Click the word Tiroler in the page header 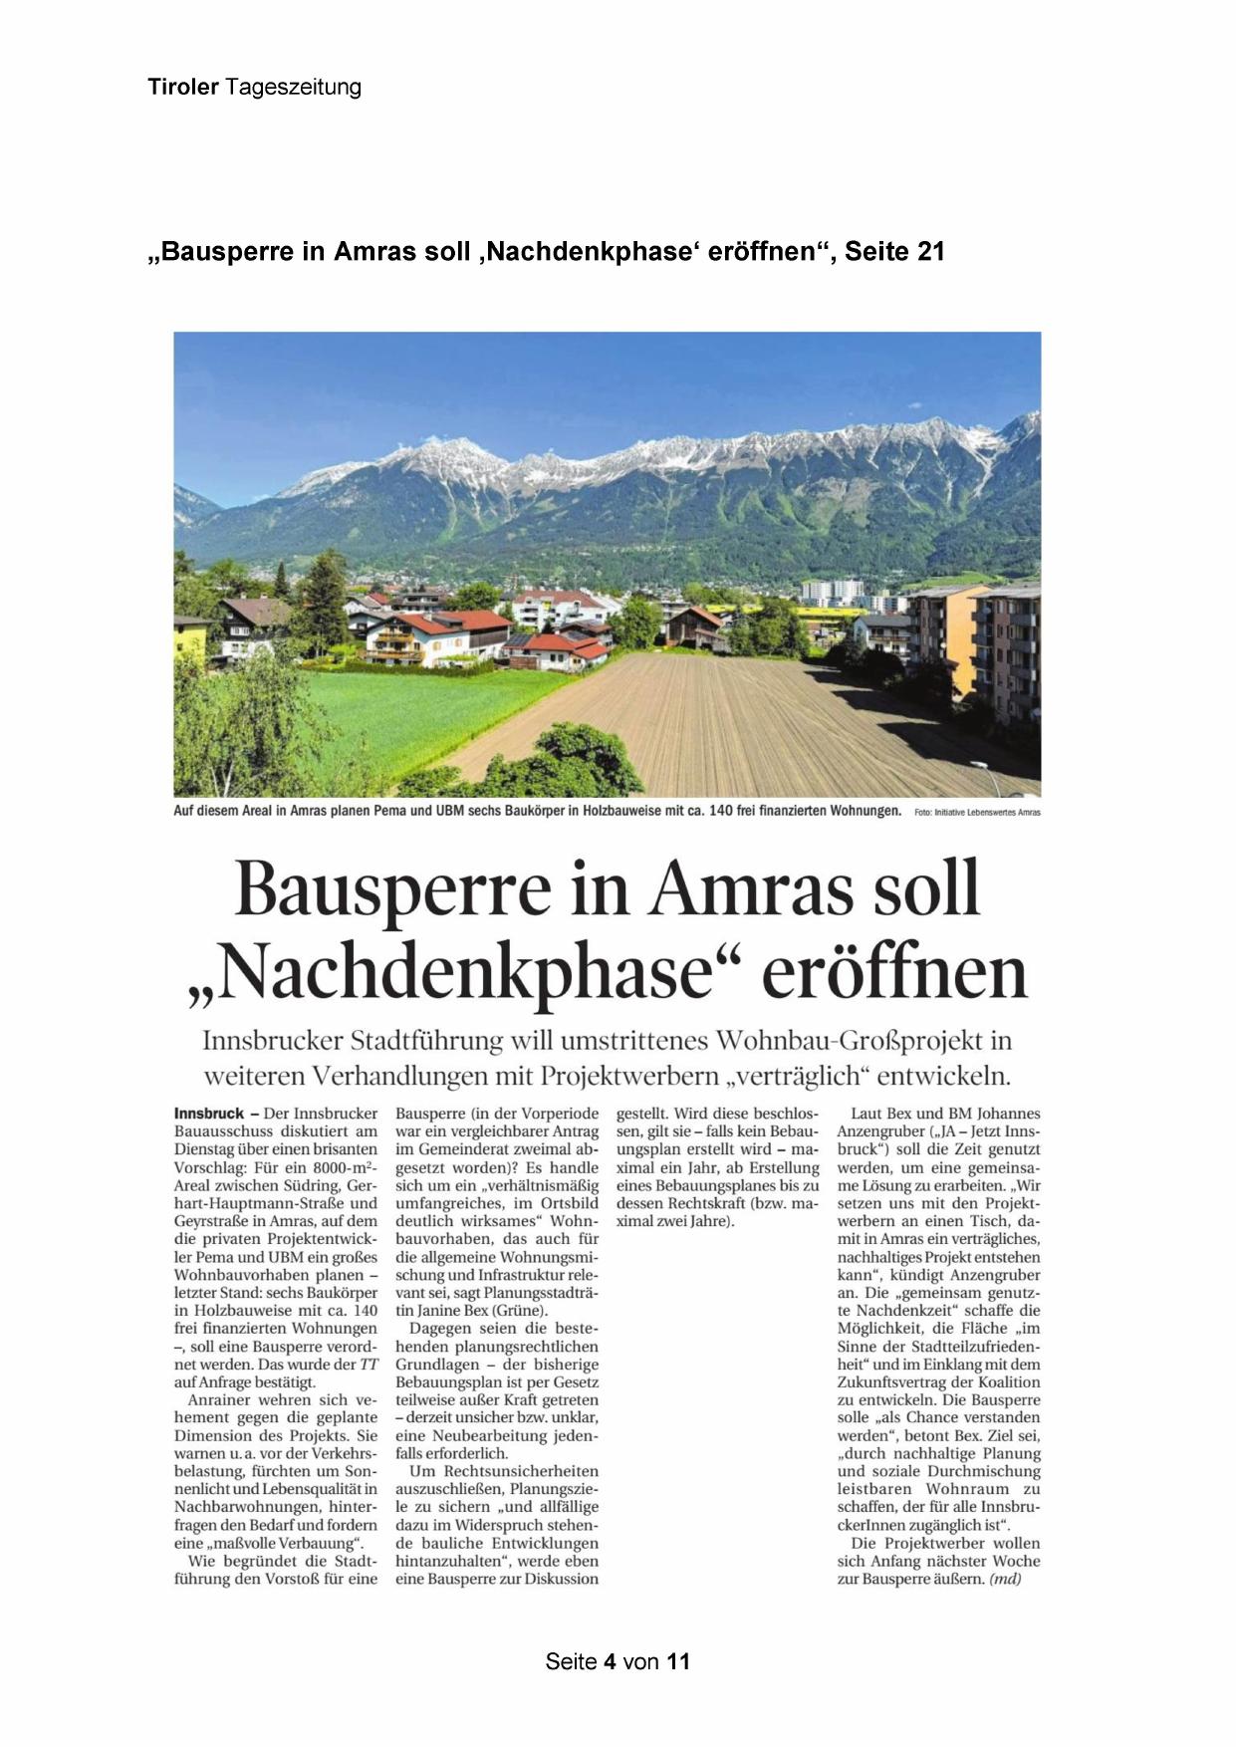[x=183, y=87]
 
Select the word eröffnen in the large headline [x=893, y=973]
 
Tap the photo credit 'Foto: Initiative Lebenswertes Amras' [x=977, y=813]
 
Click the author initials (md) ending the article [x=1005, y=1580]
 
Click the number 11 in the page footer [x=678, y=1661]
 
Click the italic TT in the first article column [x=369, y=1365]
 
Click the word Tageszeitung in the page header [x=294, y=87]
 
